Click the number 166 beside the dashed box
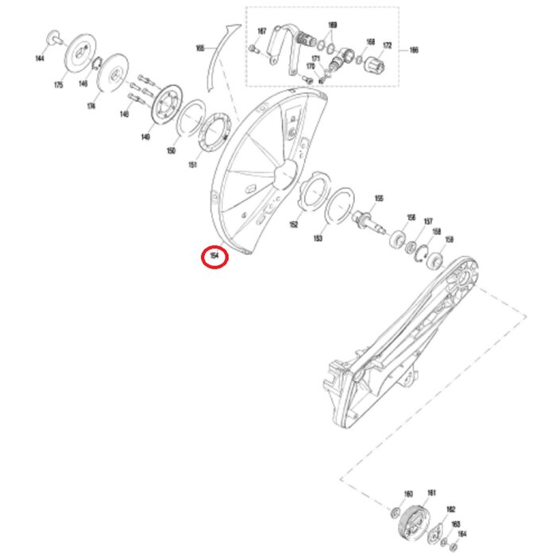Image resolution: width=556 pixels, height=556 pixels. coord(414,49)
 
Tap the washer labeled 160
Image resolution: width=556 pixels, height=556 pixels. coord(396,510)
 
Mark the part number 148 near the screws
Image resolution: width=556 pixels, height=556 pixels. coord(124,114)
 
